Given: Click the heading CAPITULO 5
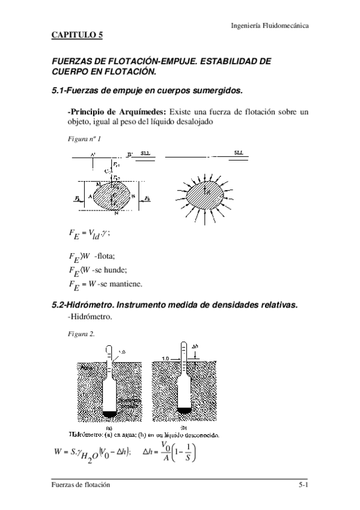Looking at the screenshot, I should [77, 36].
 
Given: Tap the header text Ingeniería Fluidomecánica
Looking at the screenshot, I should [270, 25].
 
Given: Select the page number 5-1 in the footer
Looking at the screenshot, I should [304, 485].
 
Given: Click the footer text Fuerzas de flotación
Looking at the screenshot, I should [81, 485].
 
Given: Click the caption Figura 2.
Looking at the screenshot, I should [81, 334].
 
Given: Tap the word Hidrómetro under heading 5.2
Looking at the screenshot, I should [91, 316].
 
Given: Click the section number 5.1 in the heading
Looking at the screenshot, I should [58, 91].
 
